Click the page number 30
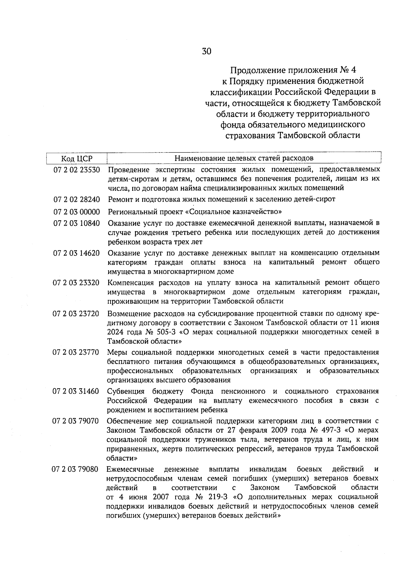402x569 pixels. coord(206,51)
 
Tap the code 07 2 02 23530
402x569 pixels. coord(77,170)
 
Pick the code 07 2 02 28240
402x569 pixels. coord(77,200)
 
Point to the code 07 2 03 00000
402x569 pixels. coord(77,212)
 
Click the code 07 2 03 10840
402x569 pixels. coord(77,223)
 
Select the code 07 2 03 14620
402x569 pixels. coord(77,253)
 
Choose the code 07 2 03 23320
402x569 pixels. coord(77,283)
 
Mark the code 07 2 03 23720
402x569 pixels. coord(77,314)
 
